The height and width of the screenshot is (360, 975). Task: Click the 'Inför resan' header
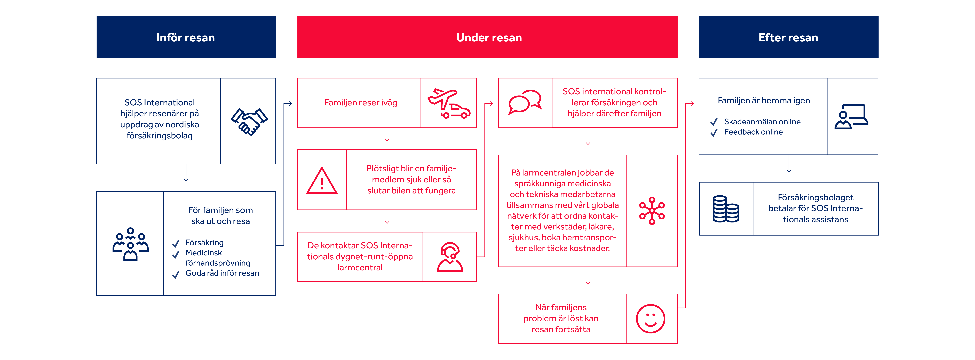point(186,37)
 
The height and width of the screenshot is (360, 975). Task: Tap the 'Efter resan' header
point(788,37)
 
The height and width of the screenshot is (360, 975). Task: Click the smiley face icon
point(650,319)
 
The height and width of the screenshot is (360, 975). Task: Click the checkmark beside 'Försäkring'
point(176,243)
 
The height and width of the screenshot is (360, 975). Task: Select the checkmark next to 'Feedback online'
point(714,132)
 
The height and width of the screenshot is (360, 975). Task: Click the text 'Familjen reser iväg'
point(361,103)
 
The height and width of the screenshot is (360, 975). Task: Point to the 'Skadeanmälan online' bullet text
point(762,122)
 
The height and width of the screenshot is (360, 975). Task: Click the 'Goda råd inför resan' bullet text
point(222,273)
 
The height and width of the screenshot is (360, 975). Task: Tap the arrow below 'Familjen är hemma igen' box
point(789,164)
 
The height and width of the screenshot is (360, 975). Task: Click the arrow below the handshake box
point(186,173)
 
